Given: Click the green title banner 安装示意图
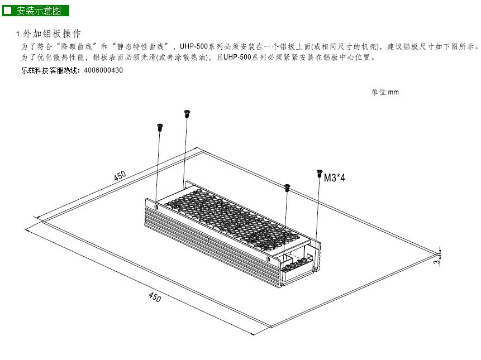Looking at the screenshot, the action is pyautogui.click(x=36, y=11).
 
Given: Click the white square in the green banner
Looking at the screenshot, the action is pyautogui.click(x=7, y=11).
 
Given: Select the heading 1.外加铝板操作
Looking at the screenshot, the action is pyautogui.click(x=49, y=33).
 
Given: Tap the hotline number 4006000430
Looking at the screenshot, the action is pyautogui.click(x=103, y=70).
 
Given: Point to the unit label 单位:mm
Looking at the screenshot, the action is pyautogui.click(x=385, y=92).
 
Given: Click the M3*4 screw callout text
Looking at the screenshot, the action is pyautogui.click(x=335, y=177).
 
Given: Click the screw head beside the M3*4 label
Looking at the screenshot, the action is pyautogui.click(x=320, y=174).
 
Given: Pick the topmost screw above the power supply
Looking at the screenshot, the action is pyautogui.click(x=186, y=114).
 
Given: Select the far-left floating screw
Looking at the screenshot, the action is pyautogui.click(x=160, y=127).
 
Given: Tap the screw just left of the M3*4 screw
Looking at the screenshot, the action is pyautogui.click(x=287, y=188).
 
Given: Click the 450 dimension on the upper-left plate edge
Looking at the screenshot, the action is pyautogui.click(x=120, y=176).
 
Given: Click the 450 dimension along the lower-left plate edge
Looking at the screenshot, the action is pyautogui.click(x=155, y=296).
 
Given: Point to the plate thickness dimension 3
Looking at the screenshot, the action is pyautogui.click(x=436, y=262).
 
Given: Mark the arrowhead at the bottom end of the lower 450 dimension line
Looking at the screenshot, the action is pyautogui.click(x=253, y=334).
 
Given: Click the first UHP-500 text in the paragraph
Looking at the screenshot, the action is pyautogui.click(x=194, y=46).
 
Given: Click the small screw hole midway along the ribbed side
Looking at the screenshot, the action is pyautogui.click(x=208, y=239).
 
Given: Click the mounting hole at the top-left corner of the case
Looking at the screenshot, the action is pyautogui.click(x=157, y=207).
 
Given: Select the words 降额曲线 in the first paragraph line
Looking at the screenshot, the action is pyautogui.click(x=77, y=46).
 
